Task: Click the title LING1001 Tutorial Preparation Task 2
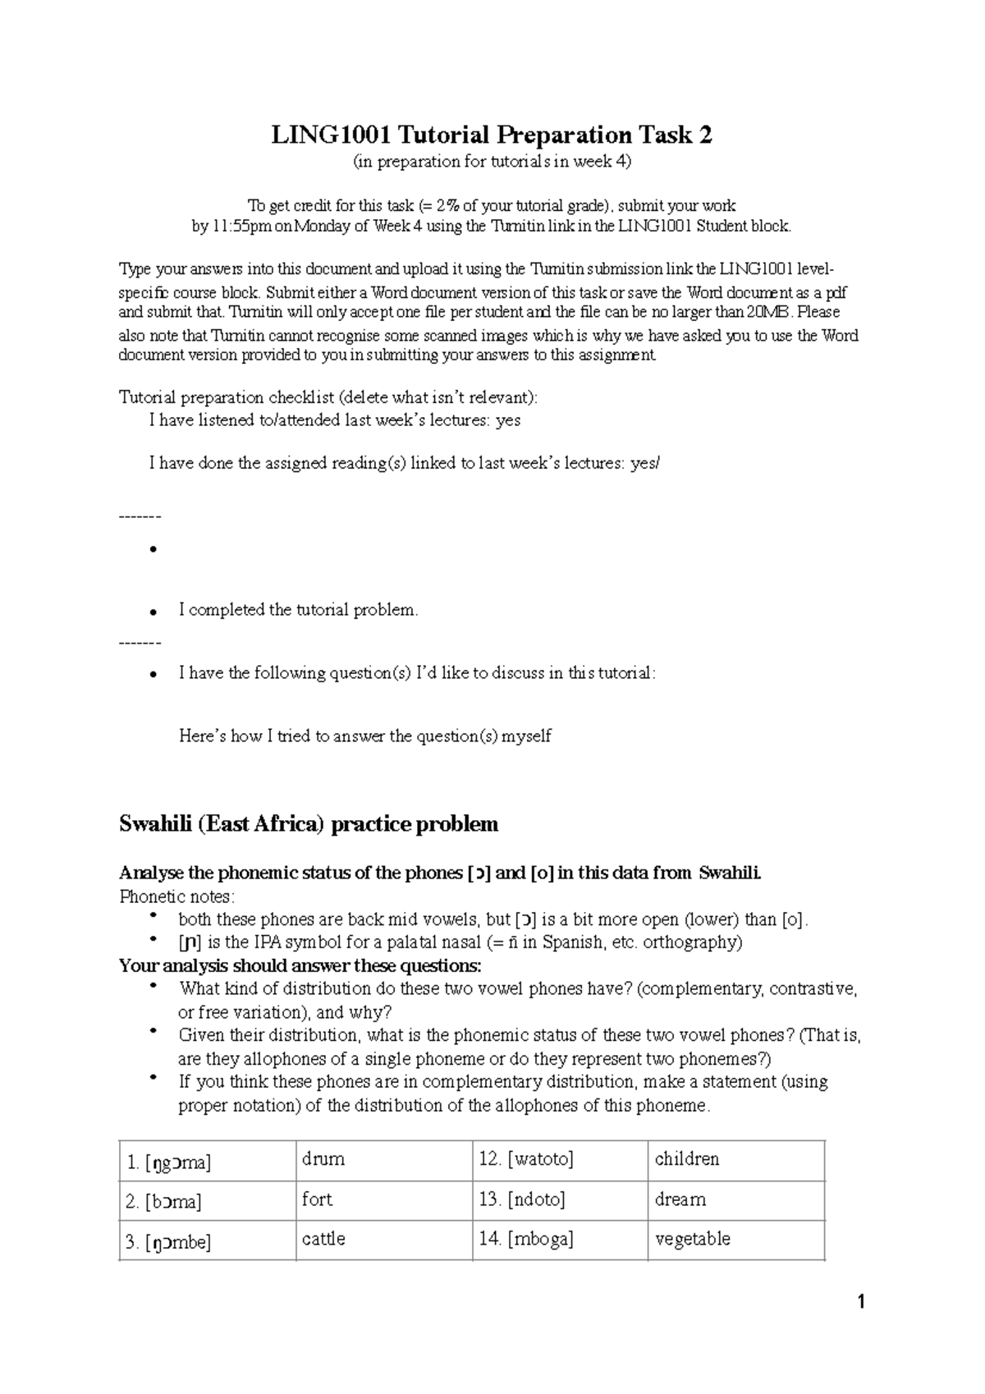coord(492,135)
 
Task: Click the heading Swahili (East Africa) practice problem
coord(309,823)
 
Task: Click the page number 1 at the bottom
coord(861,1302)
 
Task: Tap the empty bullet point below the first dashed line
coord(153,550)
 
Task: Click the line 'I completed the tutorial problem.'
coord(299,610)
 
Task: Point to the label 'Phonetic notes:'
coord(176,896)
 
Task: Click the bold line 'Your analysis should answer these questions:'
coord(300,965)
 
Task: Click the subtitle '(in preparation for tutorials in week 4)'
coord(492,162)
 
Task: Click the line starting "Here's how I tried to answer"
coord(365,736)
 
